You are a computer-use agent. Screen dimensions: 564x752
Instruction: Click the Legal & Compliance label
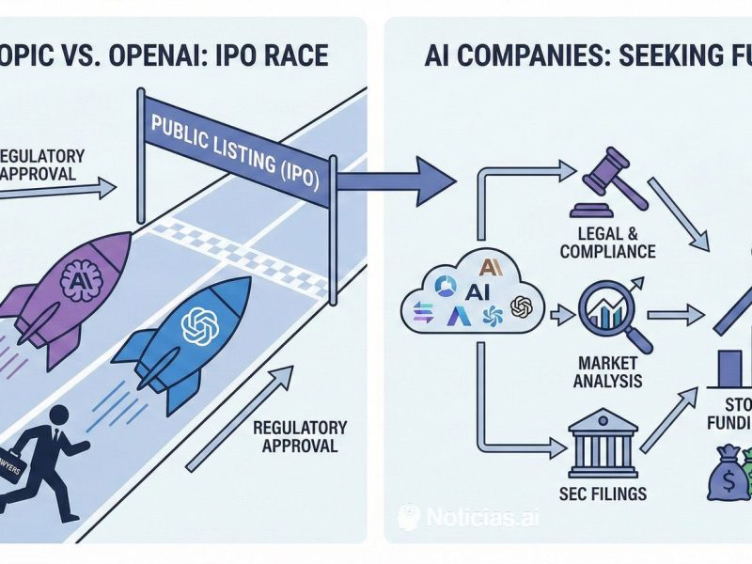click(606, 243)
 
